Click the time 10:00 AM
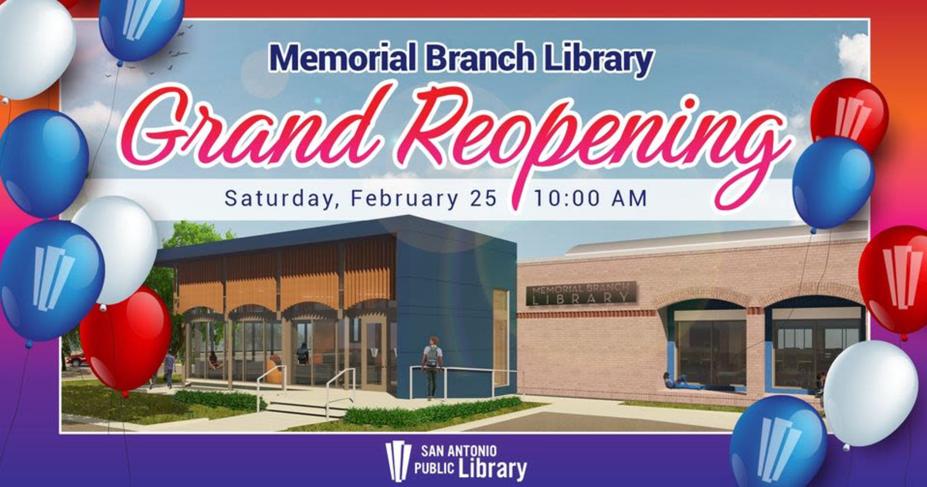coord(590,198)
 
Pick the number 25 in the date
coord(484,198)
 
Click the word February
coord(404,198)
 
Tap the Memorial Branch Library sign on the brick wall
coord(581,293)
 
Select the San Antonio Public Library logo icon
coord(398,460)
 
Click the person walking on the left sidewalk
coord(169,368)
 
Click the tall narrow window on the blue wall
coord(501,336)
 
